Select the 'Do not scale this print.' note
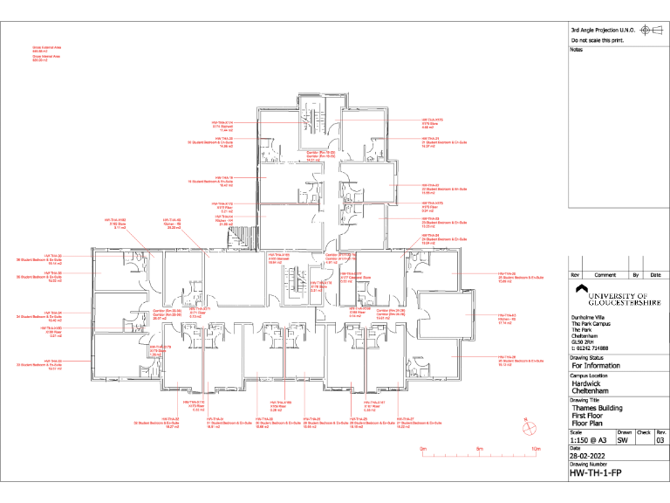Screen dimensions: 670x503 click(596, 41)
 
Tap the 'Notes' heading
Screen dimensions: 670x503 click(575, 50)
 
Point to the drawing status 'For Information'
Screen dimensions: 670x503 click(596, 366)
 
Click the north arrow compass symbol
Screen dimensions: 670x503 click(528, 427)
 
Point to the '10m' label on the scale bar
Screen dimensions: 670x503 click(535, 450)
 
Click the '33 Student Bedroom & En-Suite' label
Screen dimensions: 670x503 click(45, 365)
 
